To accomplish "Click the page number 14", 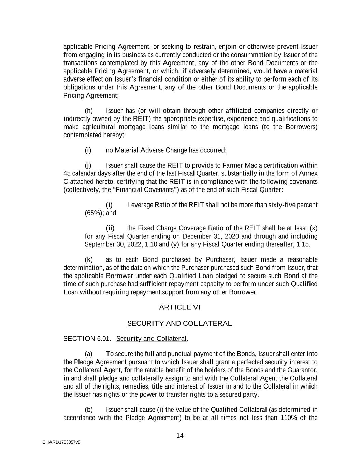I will pyautogui.click(x=180, y=435).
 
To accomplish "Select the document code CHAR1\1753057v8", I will pyautogui.click(x=61, y=442).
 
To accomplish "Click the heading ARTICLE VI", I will pyautogui.click(x=180, y=307).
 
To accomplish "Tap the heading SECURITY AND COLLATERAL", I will pyautogui.click(x=180, y=323).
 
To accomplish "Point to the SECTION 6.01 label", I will pyautogui.click(x=87, y=339).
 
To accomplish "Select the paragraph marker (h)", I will pyautogui.click(x=89, y=111).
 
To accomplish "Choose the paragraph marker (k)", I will pyautogui.click(x=89, y=259).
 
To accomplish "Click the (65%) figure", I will pyautogui.click(x=94, y=213).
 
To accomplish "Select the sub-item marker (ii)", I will pyautogui.click(x=110, y=228).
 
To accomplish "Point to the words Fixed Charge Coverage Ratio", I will pyautogui.click(x=181, y=228).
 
